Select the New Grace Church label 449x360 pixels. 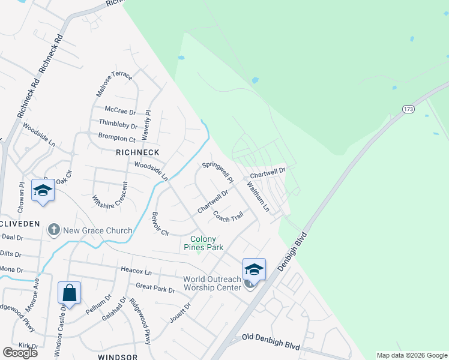click(x=98, y=230)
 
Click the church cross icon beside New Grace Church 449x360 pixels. click(x=53, y=230)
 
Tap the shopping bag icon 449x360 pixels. click(x=70, y=293)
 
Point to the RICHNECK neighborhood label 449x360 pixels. click(x=137, y=152)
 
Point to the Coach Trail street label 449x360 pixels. click(x=228, y=217)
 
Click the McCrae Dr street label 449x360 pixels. click(x=120, y=111)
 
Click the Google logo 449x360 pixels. click(x=20, y=353)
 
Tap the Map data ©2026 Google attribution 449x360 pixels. click(x=411, y=355)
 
